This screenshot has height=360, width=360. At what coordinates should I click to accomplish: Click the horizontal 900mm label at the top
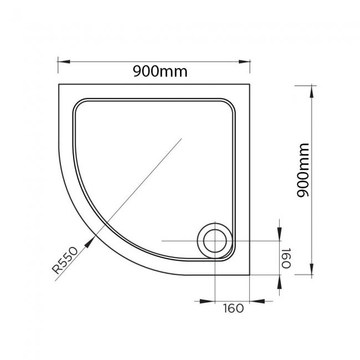coord(160,71)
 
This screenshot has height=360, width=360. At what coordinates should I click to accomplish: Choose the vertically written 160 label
coord(286,258)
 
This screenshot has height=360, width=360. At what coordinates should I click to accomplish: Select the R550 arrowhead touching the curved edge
coord(91,239)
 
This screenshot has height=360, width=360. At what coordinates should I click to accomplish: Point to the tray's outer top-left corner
coord(59,84)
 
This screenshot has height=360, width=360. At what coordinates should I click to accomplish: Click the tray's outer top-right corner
coord(250,84)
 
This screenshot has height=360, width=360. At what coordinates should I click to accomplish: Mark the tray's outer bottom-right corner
coord(250,275)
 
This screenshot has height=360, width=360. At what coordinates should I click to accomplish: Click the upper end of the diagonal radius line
coord(182,140)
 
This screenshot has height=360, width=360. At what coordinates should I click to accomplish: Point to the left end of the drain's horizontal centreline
coord(162,242)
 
